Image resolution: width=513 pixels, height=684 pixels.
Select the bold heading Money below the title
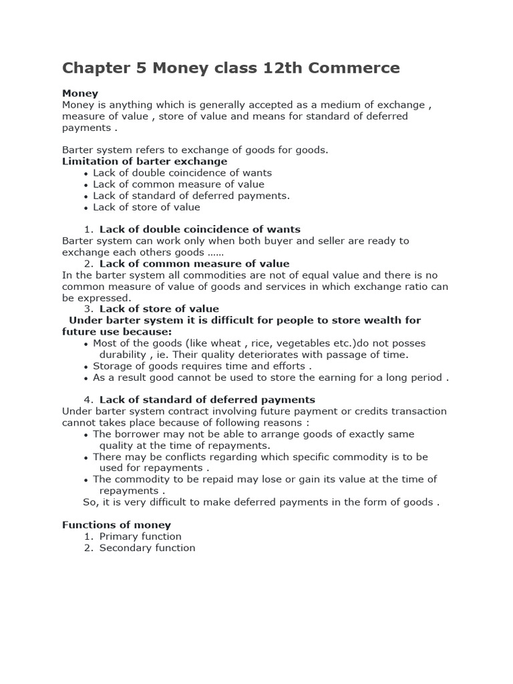point(80,94)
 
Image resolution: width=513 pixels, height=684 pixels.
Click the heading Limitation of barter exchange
point(144,161)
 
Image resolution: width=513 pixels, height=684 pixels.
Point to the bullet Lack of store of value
point(146,207)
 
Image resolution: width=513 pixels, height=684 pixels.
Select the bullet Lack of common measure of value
point(178,184)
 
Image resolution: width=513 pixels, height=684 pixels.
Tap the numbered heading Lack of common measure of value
point(194,263)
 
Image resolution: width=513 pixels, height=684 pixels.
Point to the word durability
point(122,355)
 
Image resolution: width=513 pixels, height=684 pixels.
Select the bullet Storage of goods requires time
point(202,366)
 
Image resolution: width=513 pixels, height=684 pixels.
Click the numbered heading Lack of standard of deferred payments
point(207,399)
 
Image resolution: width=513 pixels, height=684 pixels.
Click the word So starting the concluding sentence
point(89,502)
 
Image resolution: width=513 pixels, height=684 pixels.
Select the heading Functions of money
point(116,525)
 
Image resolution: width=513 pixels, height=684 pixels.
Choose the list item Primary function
point(140,536)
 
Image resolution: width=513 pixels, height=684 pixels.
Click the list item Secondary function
point(147,548)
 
